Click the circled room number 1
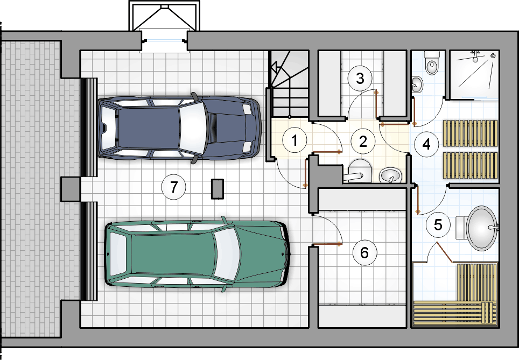tap(294, 140)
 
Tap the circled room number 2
tap(363, 142)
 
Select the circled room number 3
tap(360, 79)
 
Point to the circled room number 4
tap(426, 144)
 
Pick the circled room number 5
tap(438, 225)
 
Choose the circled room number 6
tap(364, 253)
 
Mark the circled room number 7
tap(174, 187)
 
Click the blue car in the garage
tap(179, 129)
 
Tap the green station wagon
tap(197, 254)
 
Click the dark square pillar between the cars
tap(218, 189)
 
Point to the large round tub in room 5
tap(482, 228)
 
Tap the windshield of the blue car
tap(193, 129)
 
